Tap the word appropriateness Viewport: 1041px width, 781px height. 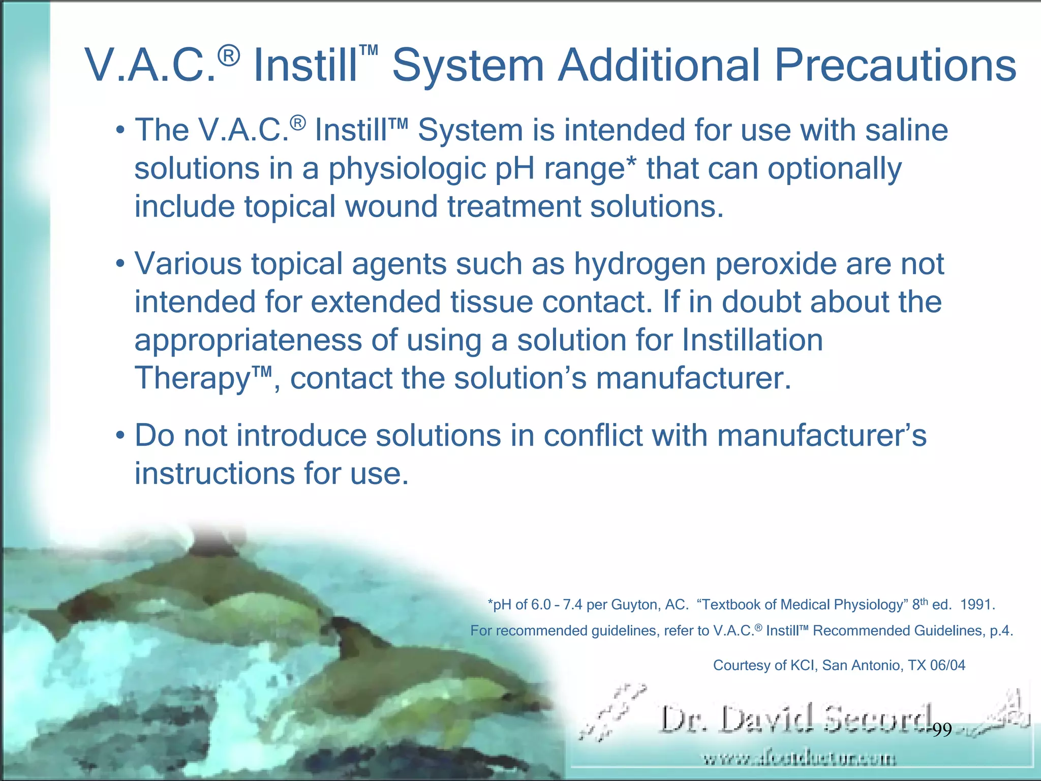coord(248,341)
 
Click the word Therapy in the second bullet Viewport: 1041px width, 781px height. coord(191,379)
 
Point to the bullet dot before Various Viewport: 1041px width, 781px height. coord(120,264)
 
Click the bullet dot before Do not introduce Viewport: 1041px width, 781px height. coord(120,436)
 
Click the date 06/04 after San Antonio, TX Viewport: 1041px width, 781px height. coord(947,666)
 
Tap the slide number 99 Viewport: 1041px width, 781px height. coord(942,730)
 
